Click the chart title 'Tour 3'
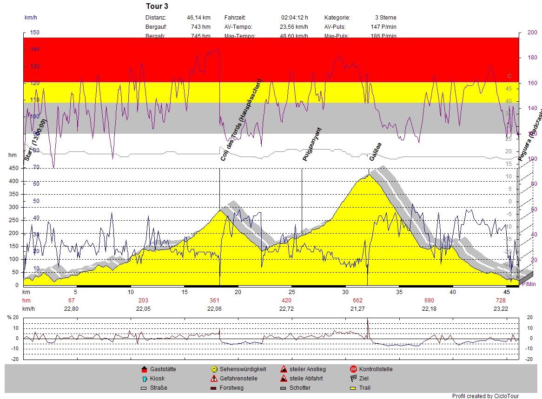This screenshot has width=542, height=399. (x=157, y=6)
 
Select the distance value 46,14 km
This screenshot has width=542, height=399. (x=198, y=17)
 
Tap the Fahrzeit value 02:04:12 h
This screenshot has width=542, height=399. (x=294, y=17)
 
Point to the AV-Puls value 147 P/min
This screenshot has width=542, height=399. (x=383, y=26)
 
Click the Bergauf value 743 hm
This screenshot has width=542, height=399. (x=200, y=26)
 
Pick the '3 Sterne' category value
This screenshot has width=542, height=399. (x=386, y=17)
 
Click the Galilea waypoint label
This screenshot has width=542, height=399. (x=375, y=151)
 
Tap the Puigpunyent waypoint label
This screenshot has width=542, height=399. (x=312, y=144)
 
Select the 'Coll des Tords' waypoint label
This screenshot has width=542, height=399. (x=242, y=120)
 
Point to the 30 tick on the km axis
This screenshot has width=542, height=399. (x=345, y=292)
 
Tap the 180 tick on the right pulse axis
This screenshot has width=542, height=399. (x=532, y=58)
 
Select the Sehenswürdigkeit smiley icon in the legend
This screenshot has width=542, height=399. (x=214, y=369)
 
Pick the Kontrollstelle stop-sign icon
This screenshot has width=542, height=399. (x=353, y=369)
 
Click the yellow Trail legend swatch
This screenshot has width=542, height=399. (x=353, y=388)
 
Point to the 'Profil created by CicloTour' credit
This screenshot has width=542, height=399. (x=485, y=396)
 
